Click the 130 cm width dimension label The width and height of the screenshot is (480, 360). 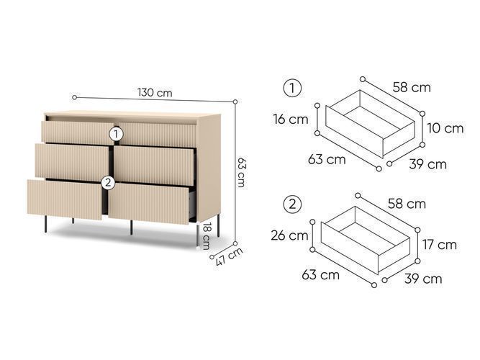point(155,92)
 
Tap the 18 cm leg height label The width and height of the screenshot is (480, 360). point(207,236)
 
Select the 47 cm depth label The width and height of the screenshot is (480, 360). point(229,256)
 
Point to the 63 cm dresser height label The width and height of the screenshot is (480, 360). point(242,172)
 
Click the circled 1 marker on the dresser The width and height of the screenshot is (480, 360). point(116,134)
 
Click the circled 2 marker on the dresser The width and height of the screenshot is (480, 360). point(108,183)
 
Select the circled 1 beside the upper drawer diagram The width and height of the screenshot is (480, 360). point(292,89)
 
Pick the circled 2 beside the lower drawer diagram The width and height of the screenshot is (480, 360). point(292,204)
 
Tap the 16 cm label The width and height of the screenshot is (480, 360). point(291,120)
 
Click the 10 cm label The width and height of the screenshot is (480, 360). point(445,128)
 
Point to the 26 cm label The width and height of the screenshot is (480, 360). point(289,235)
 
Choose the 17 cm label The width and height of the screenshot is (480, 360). point(440,245)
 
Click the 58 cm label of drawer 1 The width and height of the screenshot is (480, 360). point(412,87)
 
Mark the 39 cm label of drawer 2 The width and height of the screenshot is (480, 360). point(423,279)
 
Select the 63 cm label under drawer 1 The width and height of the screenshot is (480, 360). point(327,159)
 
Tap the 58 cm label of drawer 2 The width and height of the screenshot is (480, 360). point(407,204)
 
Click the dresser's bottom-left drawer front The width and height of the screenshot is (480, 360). point(65,199)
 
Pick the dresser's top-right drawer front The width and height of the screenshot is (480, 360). point(158,135)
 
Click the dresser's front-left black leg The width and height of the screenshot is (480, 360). point(45,224)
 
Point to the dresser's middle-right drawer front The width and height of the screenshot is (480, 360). point(154,166)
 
